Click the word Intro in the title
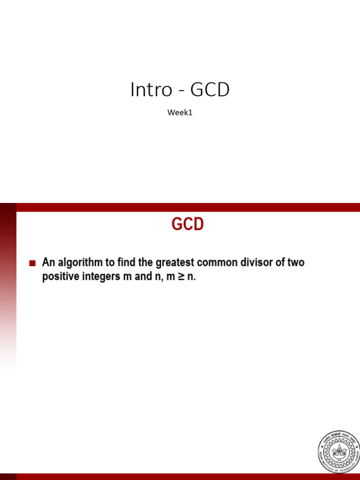151,90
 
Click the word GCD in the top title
210,90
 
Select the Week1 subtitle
180,112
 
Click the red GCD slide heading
187,225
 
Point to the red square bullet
32,263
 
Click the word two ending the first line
295,262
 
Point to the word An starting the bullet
48,262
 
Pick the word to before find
113,262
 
